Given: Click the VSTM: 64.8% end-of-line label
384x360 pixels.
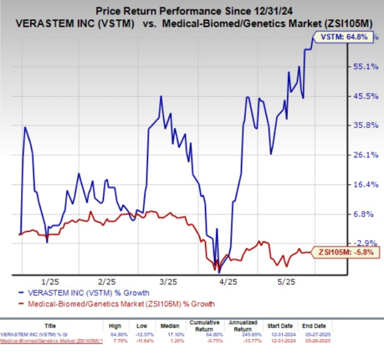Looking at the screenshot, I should click(x=342, y=37).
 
